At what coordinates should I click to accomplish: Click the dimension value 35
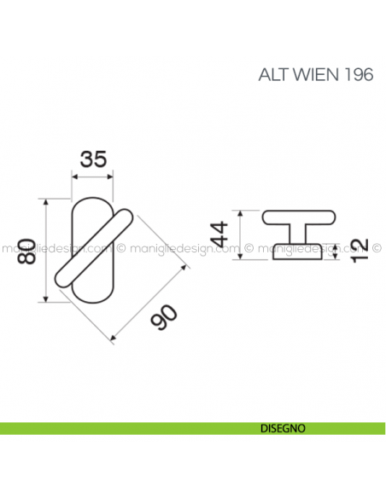click(93, 159)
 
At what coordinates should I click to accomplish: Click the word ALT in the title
click(272, 74)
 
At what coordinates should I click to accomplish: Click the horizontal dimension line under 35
click(93, 177)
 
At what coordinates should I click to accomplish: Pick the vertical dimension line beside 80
click(45, 250)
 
